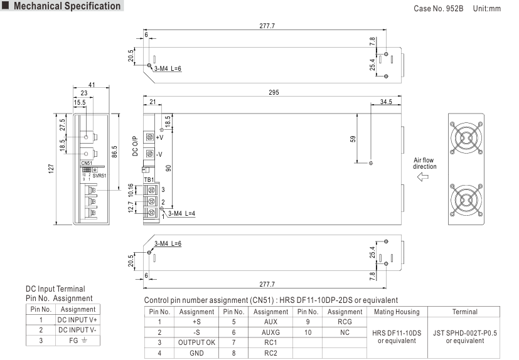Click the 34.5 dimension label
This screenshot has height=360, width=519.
[387, 102]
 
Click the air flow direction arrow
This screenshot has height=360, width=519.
[424, 178]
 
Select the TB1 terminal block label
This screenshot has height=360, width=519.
[149, 180]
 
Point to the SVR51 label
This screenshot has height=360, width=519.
[99, 176]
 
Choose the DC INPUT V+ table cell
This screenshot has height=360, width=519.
[78, 319]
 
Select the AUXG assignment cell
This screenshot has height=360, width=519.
[270, 331]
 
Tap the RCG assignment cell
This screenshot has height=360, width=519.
[345, 320]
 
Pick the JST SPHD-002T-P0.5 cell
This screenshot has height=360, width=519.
[466, 337]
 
